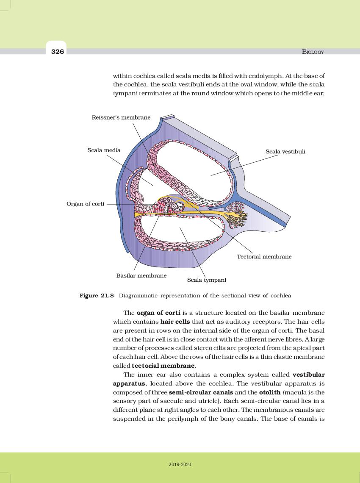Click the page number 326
[57, 52]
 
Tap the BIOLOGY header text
[313, 52]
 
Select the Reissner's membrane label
[121, 117]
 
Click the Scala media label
[104, 150]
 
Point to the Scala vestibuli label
[285, 151]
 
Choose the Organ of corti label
[85, 204]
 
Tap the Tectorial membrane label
[264, 256]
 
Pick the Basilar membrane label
[141, 275]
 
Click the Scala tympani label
[206, 280]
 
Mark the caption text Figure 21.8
[97, 295]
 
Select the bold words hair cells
[175, 322]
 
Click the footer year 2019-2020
[180, 465]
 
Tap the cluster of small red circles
[235, 207]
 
